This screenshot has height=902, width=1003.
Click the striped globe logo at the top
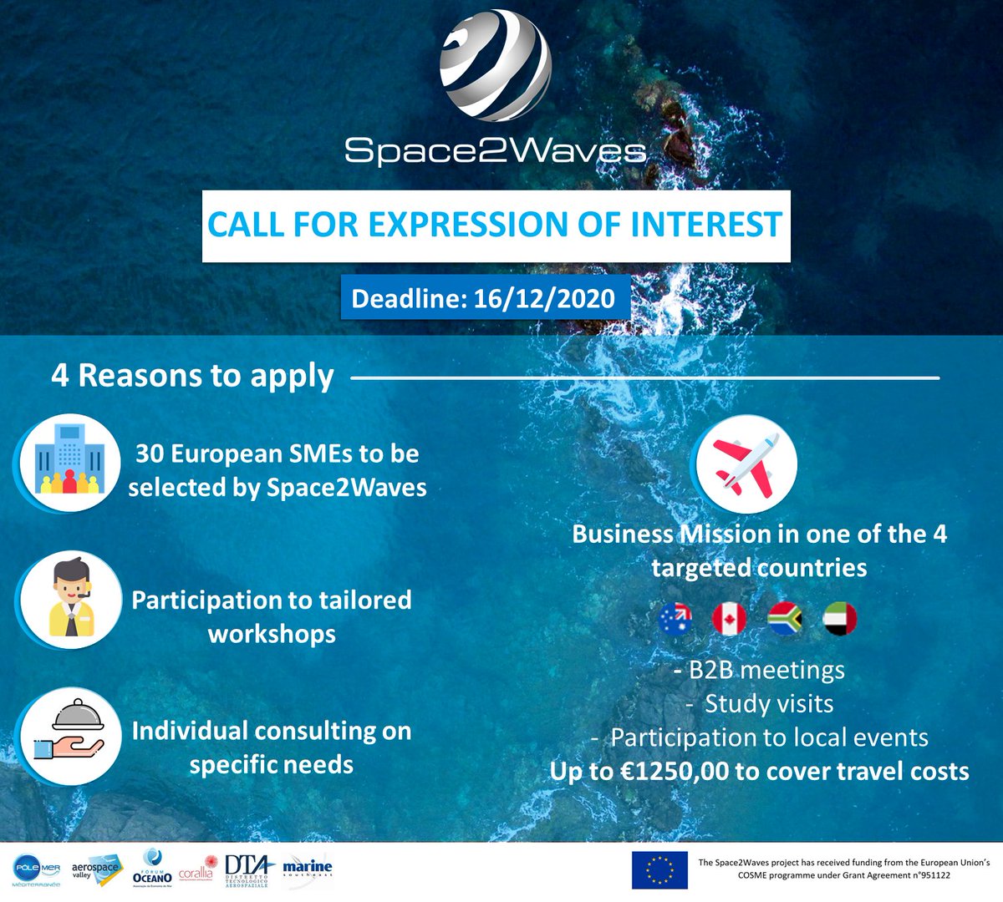(496, 65)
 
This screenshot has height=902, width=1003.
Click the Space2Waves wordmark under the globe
(496, 150)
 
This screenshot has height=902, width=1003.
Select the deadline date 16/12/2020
(544, 298)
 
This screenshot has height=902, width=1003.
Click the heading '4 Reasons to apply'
(192, 376)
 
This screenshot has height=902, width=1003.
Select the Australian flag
(675, 620)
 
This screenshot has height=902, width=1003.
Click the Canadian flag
(729, 620)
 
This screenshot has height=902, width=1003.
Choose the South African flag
(785, 620)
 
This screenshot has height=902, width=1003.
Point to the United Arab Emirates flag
(839, 620)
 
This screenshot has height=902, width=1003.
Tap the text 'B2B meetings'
(766, 670)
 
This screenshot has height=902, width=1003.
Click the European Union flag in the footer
(659, 870)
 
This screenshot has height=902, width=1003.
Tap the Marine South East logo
(307, 869)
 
